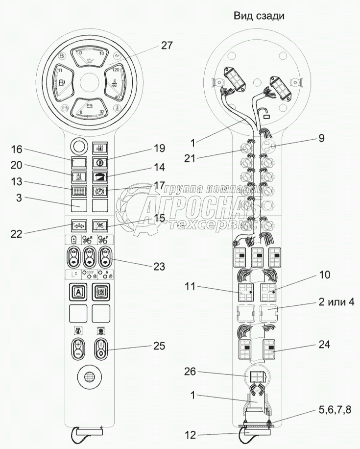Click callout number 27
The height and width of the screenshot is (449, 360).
[x=167, y=46]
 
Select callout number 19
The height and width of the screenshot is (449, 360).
[x=159, y=148]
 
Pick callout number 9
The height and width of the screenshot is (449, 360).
[x=321, y=138]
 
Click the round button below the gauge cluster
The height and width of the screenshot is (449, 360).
[x=78, y=146]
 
